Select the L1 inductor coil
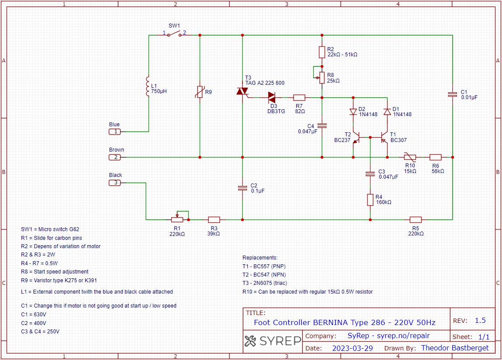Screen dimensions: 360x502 coord(149,86)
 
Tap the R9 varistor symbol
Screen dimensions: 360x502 coord(200,92)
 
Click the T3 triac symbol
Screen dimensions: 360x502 coord(242,91)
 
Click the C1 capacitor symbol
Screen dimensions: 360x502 coord(453,94)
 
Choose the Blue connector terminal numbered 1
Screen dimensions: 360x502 coord(115,131)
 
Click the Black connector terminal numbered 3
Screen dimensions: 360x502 coord(115,183)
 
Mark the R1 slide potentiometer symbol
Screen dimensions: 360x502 coord(177,219)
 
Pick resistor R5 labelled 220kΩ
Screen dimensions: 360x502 coord(415,219)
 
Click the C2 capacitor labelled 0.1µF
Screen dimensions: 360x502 coord(242,188)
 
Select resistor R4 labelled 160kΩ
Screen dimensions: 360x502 coord(370,200)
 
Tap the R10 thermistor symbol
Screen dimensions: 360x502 coord(409,157)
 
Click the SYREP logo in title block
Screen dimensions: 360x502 coord(273,341)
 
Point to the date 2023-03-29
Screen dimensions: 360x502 coord(352,348)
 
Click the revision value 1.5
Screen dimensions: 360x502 coord(480,320)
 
